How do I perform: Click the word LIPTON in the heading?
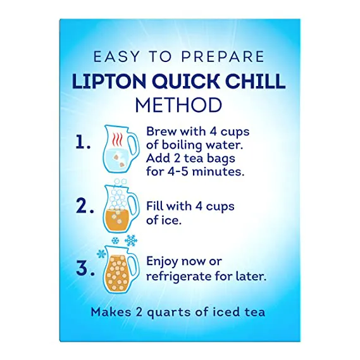tap(109, 82)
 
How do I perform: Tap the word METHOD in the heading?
tap(179, 105)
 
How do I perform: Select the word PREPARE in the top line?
tap(223, 57)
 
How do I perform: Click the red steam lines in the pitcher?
tap(117, 139)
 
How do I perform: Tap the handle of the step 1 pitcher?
tap(133, 146)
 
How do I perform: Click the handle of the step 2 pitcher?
tap(133, 205)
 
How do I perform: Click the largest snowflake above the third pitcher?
tap(131, 241)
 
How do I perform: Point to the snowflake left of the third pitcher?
tap(101, 254)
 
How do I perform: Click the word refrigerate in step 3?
tap(178, 276)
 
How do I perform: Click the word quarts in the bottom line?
tap(170, 313)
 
